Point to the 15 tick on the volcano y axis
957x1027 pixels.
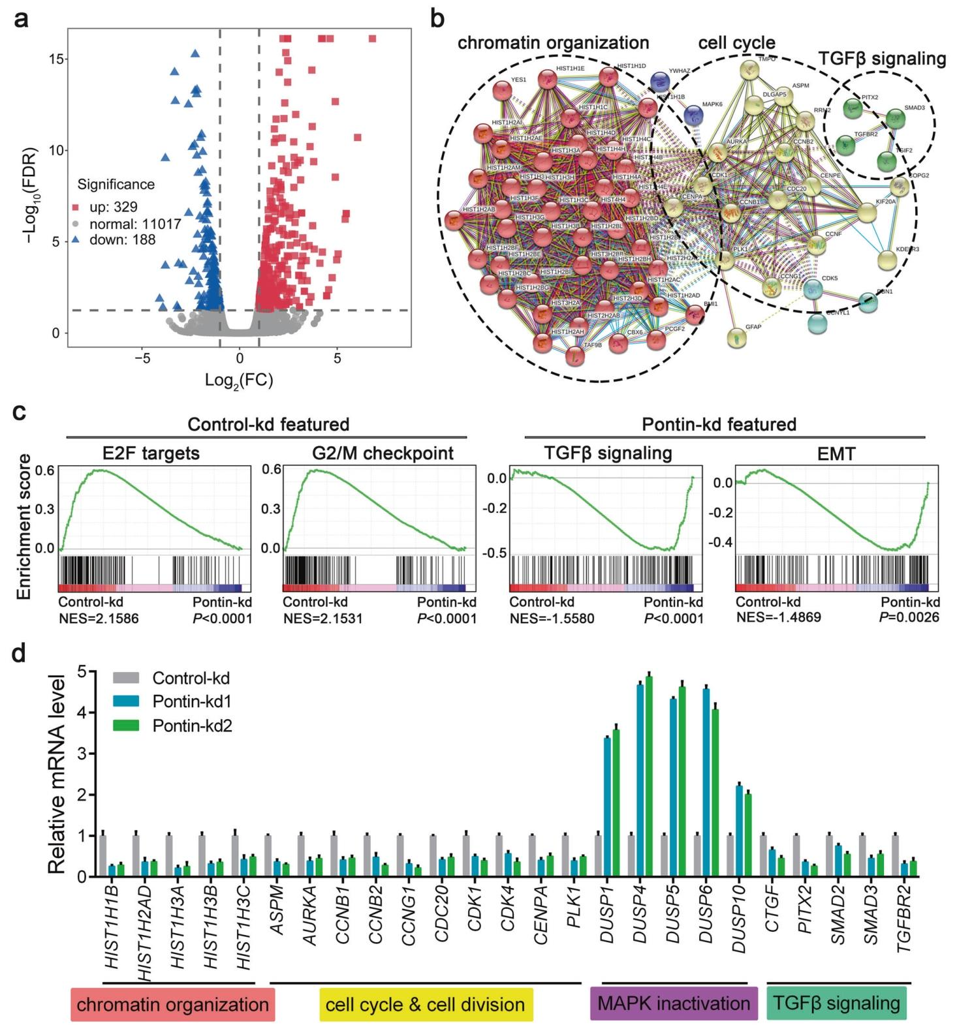pos(57,59)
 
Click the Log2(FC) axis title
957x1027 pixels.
pos(239,380)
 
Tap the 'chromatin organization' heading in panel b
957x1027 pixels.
pos(553,43)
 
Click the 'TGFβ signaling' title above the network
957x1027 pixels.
pos(882,59)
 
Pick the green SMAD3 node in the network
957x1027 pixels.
pos(894,118)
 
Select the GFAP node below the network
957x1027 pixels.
pos(737,337)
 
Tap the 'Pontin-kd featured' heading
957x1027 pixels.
pos(719,425)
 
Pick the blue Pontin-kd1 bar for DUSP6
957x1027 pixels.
pos(706,783)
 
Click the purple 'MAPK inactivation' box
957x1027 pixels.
pos(674,1004)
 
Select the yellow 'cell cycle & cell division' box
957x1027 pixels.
pos(426,1004)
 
